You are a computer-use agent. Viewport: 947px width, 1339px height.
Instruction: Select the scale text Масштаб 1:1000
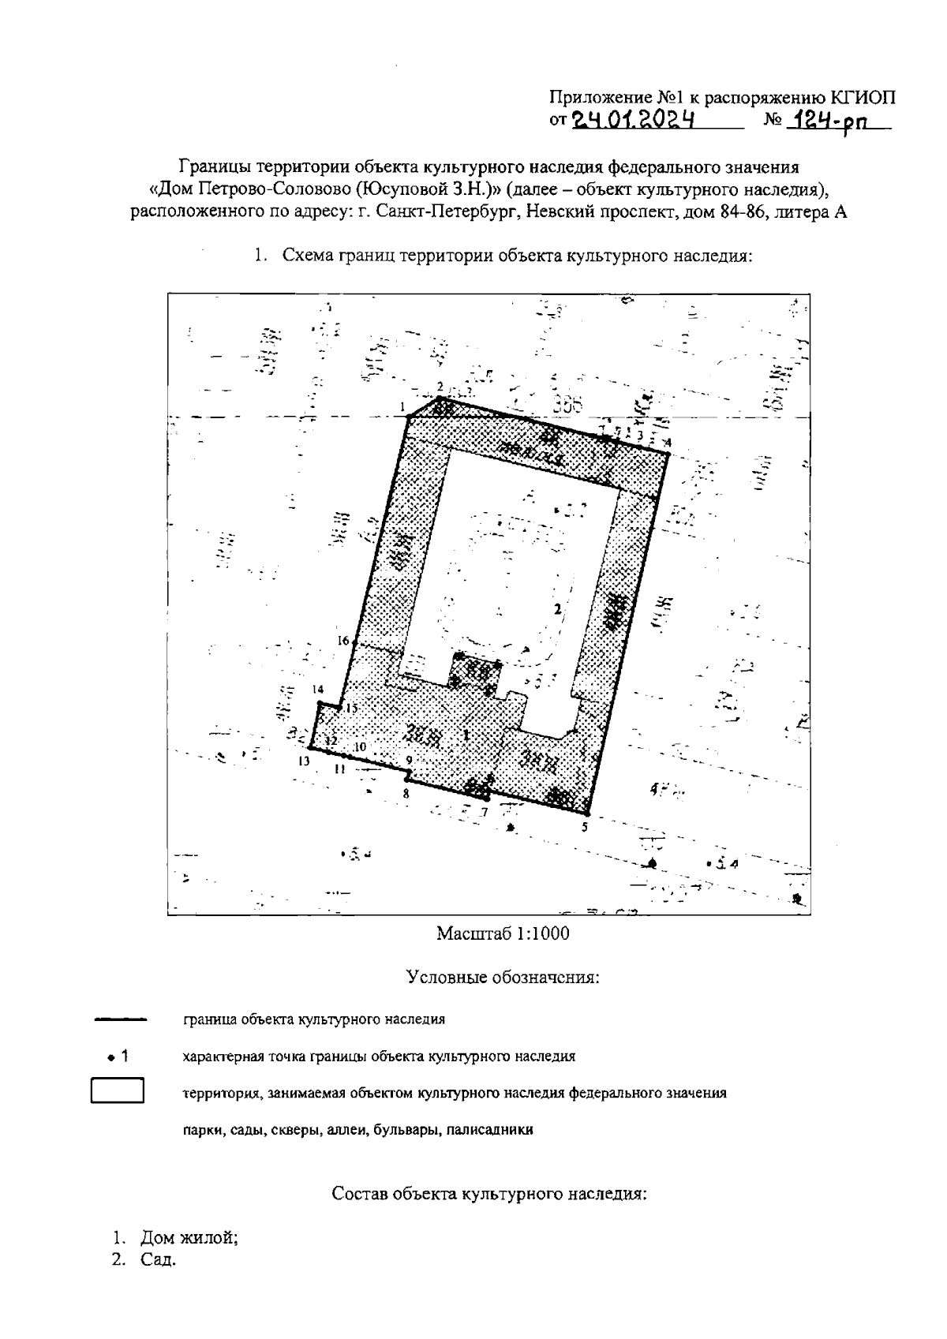(503, 933)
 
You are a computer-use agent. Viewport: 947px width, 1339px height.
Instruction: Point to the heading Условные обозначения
(503, 978)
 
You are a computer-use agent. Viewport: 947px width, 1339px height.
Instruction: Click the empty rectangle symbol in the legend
(118, 1091)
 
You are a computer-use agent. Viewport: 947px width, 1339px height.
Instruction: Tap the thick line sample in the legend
(121, 1019)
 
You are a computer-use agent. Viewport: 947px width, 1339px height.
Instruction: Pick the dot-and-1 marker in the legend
(118, 1056)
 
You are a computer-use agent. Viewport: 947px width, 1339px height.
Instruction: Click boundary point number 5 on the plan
(587, 813)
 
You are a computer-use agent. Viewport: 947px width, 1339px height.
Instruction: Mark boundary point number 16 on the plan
(353, 644)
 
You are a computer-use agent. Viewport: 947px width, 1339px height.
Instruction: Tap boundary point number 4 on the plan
(668, 452)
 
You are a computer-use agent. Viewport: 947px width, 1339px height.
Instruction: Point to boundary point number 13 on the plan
(310, 747)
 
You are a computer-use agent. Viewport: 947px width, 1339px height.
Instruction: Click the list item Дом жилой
(189, 1237)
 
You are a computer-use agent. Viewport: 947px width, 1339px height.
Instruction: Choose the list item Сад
(157, 1259)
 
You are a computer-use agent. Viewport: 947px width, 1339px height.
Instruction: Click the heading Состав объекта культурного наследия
(489, 1193)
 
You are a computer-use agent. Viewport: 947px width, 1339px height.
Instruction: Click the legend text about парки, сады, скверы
(357, 1130)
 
